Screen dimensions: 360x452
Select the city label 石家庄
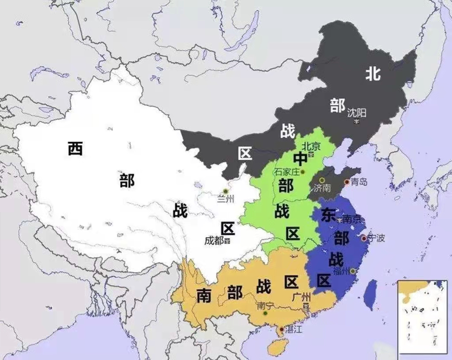point(287,171)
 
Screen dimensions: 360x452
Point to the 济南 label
point(322,188)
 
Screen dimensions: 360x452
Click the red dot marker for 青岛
point(347,182)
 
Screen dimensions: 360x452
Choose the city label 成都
point(214,241)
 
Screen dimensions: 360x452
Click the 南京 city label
point(352,219)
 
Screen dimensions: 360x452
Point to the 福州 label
point(342,271)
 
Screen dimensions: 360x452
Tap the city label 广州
point(301,297)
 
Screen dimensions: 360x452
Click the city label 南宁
point(265,305)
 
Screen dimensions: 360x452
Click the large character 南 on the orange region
point(204,295)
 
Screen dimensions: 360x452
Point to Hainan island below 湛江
point(277,346)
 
